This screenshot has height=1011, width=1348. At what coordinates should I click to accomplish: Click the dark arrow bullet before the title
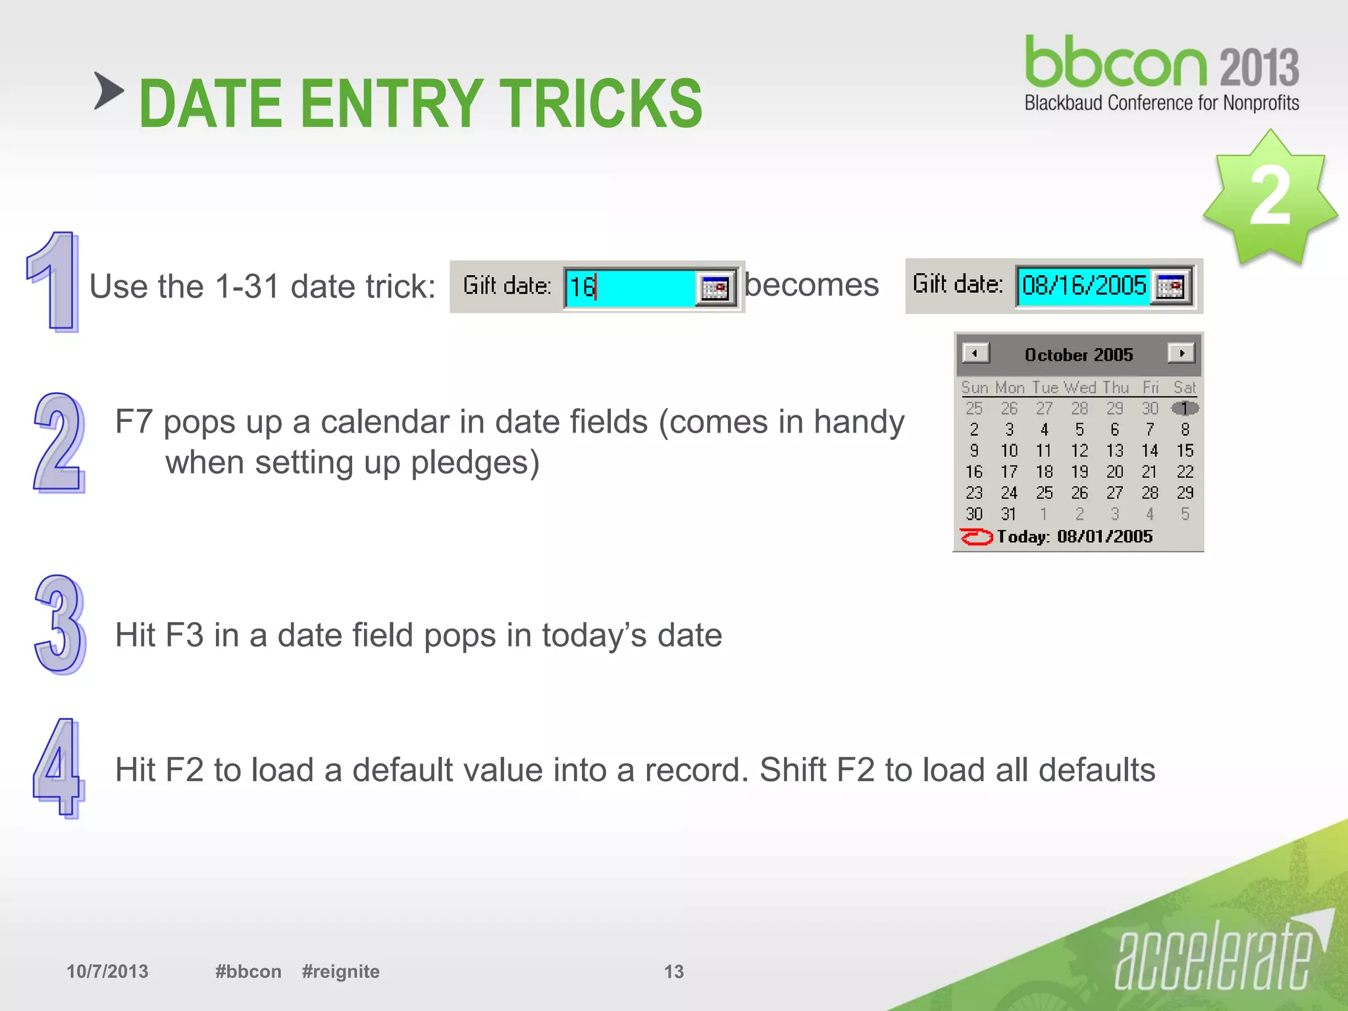pyautogui.click(x=109, y=90)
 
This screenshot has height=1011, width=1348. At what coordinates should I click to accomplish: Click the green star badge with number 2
pyautogui.click(x=1268, y=197)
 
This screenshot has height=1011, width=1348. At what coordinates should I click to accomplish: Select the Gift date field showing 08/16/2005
pyautogui.click(x=1083, y=286)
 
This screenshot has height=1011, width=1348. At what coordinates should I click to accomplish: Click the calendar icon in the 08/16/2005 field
pyautogui.click(x=1171, y=286)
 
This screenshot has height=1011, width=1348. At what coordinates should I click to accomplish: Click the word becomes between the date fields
pyautogui.click(x=812, y=285)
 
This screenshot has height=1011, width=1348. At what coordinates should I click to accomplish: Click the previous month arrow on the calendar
pyautogui.click(x=975, y=353)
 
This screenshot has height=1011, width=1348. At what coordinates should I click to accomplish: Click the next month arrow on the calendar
pyautogui.click(x=1181, y=353)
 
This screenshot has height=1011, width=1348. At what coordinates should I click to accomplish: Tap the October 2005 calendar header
pyautogui.click(x=1078, y=355)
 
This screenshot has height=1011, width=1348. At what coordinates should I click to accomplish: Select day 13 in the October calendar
pyautogui.click(x=1114, y=451)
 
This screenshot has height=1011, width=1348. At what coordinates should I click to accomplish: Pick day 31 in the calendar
pyautogui.click(x=1008, y=514)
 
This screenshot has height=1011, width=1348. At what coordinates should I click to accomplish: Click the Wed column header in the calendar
pyautogui.click(x=1079, y=388)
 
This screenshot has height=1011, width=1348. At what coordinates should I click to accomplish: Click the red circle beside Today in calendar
pyautogui.click(x=975, y=537)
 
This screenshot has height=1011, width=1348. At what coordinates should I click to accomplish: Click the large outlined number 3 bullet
pyautogui.click(x=59, y=625)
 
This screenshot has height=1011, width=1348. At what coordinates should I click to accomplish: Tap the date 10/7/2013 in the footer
pyautogui.click(x=107, y=972)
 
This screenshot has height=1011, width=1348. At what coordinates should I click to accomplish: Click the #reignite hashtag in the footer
pyautogui.click(x=340, y=972)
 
